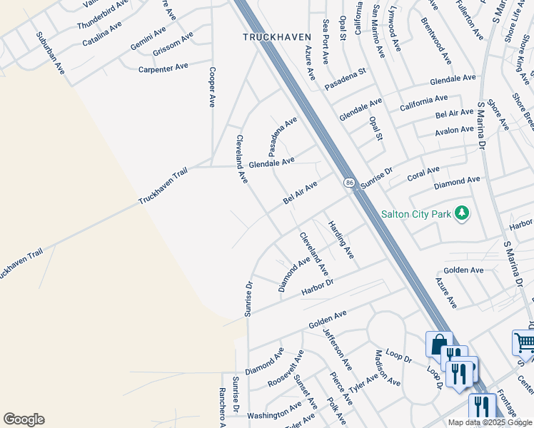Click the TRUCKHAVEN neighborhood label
[x=269, y=36]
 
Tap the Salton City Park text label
[x=418, y=213]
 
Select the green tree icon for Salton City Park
[x=463, y=213]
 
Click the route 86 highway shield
[x=348, y=183]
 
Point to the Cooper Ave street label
[x=212, y=87]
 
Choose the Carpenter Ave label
[x=163, y=66]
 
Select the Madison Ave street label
[x=386, y=368]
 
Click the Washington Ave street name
[x=276, y=412]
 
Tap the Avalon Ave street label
[x=454, y=131]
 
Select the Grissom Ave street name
[x=172, y=43]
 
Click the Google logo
[x=24, y=419]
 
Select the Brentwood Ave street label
[x=436, y=40]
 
